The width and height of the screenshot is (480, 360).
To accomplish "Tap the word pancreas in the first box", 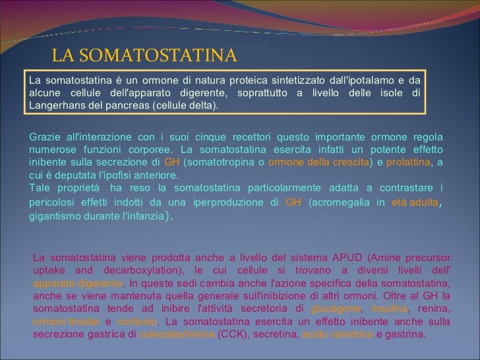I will [130, 105].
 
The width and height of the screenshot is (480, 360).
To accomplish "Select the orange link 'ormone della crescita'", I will [313, 162].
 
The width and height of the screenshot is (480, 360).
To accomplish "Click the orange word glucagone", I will [336, 310].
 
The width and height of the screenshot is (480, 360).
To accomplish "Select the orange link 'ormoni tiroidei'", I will [66, 322].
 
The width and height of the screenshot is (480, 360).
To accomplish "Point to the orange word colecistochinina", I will [176, 335].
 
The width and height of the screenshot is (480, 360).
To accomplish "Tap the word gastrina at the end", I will [405, 335].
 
